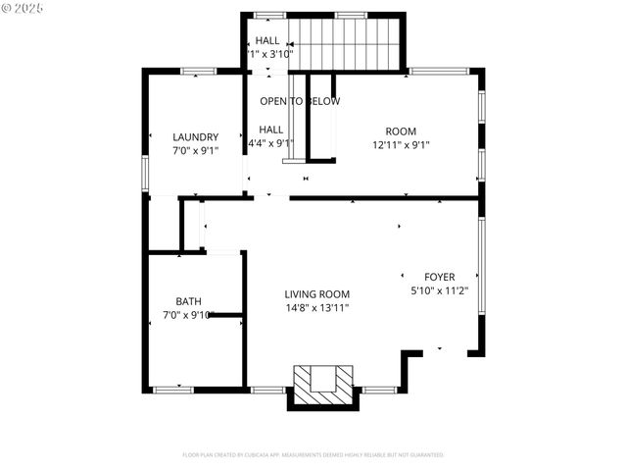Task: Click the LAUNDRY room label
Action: tap(195, 137)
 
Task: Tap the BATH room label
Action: tap(188, 301)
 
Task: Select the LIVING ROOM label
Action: tap(316, 294)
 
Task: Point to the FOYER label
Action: tap(439, 277)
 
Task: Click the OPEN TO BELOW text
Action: tap(300, 102)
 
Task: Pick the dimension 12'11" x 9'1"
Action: tap(401, 145)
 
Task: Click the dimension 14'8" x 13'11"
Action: tap(316, 308)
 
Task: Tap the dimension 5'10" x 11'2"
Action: tap(439, 290)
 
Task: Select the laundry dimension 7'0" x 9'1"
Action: tap(195, 151)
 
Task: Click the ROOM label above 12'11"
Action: tap(401, 131)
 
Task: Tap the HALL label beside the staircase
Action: tap(267, 40)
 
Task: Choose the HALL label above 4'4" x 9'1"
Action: tap(271, 130)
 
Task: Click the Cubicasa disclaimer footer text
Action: tap(313, 455)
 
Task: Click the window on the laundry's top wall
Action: tap(199, 71)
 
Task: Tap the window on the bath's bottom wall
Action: tap(173, 390)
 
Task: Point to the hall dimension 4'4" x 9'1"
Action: tap(270, 143)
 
